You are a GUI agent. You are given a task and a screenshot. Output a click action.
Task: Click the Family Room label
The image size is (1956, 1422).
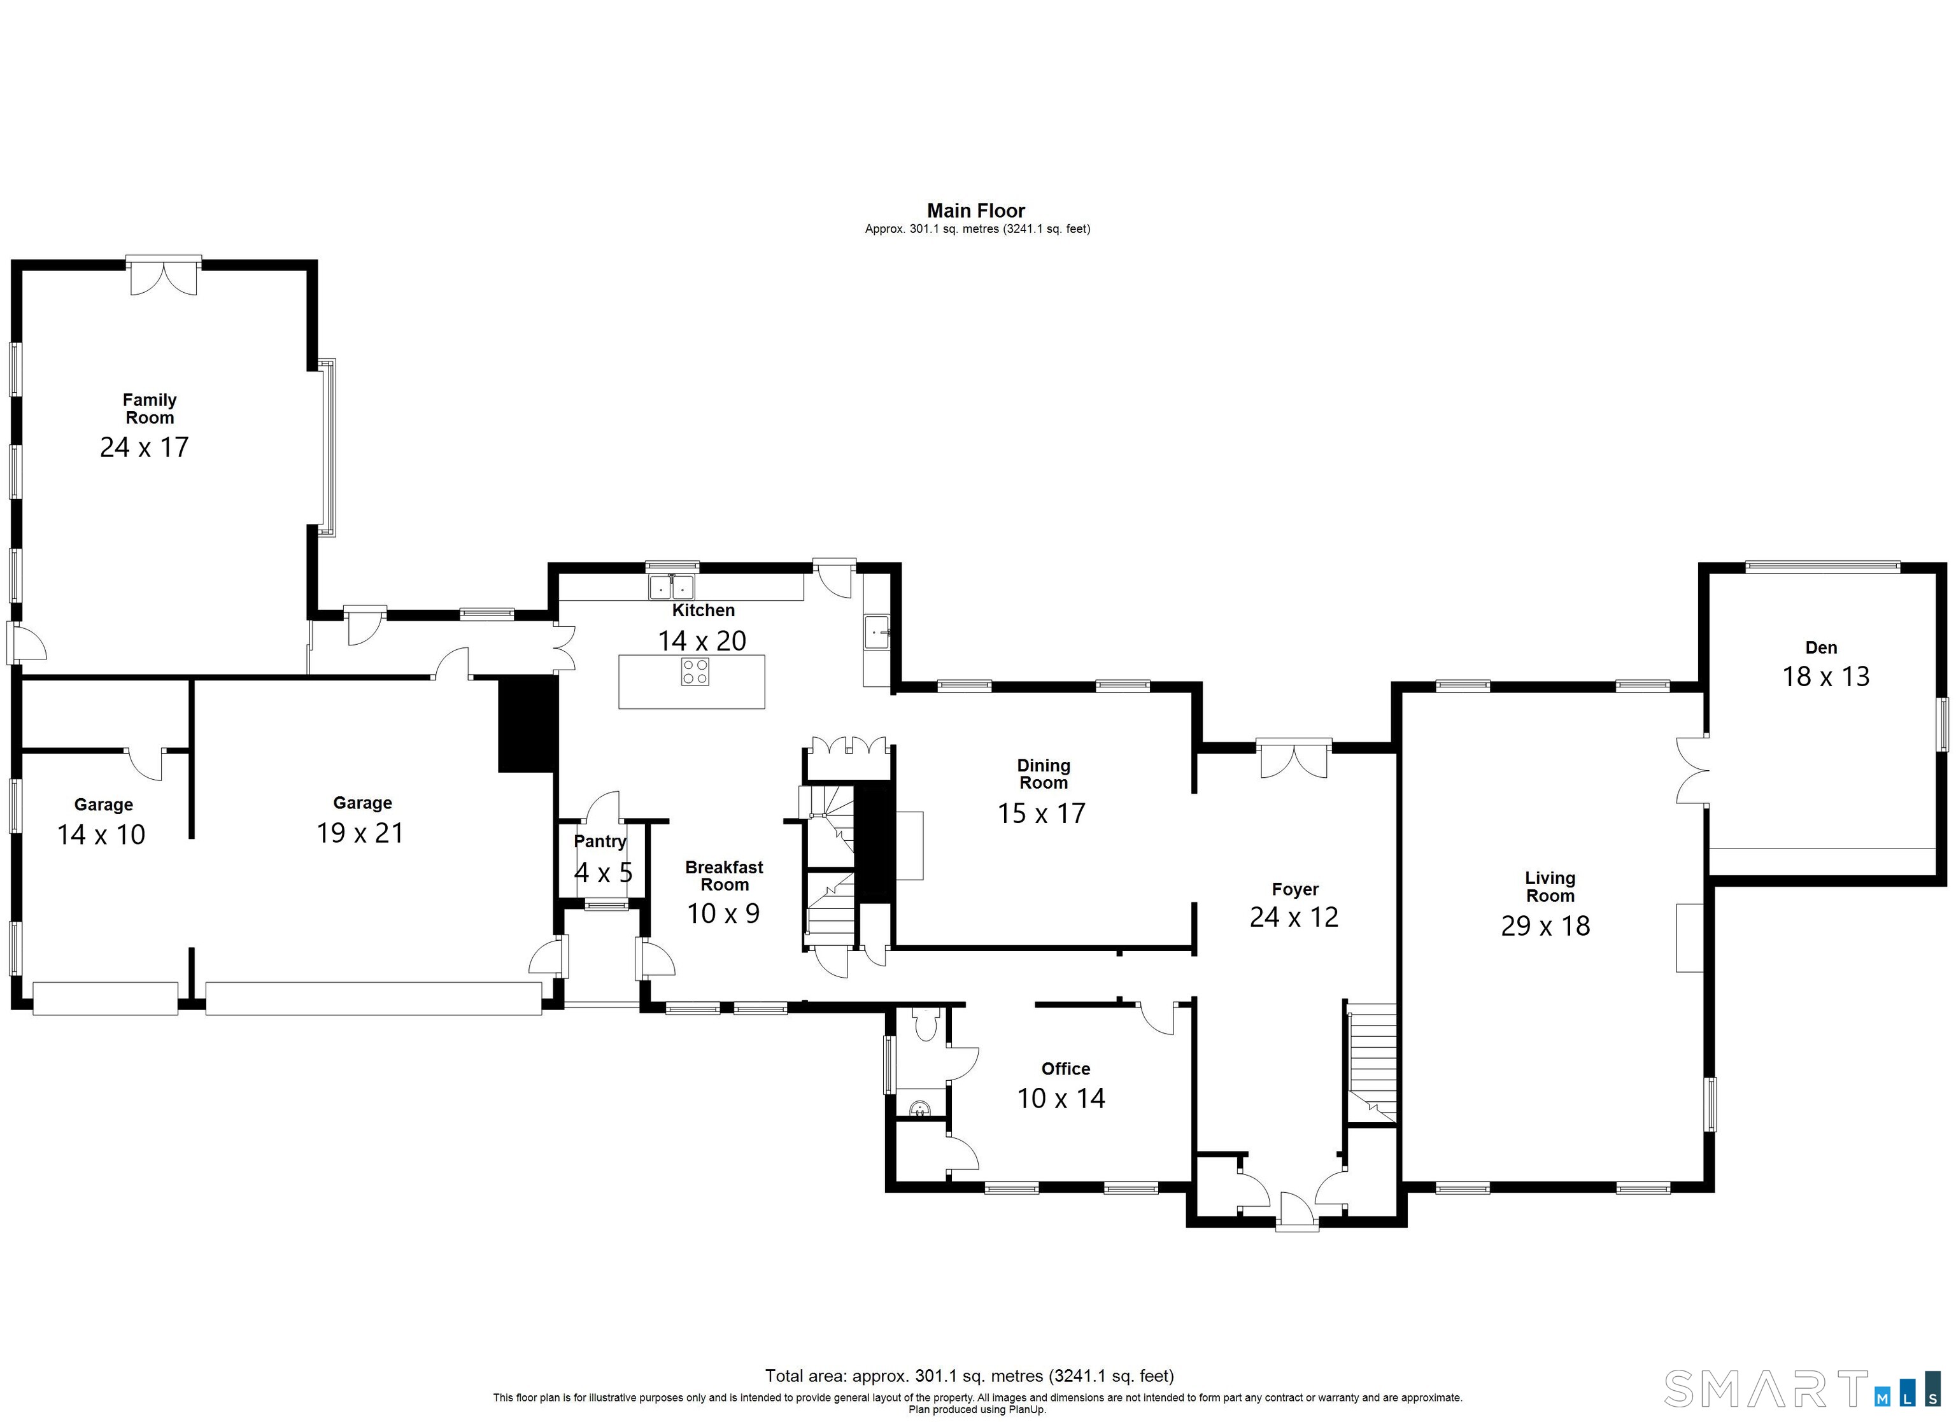149,409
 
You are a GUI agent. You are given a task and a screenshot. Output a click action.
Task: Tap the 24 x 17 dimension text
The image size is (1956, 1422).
144,447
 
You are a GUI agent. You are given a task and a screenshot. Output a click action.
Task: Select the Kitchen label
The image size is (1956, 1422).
703,610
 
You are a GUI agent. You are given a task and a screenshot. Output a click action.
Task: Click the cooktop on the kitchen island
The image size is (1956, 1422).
695,672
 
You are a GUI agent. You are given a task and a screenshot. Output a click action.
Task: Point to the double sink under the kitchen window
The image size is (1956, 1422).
672,586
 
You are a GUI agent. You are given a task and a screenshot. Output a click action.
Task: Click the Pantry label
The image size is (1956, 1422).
600,841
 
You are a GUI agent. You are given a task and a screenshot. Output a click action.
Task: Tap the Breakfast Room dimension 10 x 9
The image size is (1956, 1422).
723,913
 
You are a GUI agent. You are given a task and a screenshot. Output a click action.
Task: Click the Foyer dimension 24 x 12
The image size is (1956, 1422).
1294,917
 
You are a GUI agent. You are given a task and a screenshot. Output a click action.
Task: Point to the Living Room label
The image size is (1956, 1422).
1550,887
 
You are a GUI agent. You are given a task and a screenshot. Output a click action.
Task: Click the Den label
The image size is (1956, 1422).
1822,647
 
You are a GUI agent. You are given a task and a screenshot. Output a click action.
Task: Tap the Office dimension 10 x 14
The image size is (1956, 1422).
1061,1098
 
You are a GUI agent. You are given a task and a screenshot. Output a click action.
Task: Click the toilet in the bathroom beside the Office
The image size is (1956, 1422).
925,1024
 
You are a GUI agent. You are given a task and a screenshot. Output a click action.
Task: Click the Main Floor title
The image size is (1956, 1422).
976,211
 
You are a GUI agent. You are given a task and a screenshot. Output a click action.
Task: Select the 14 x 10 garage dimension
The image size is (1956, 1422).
101,834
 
